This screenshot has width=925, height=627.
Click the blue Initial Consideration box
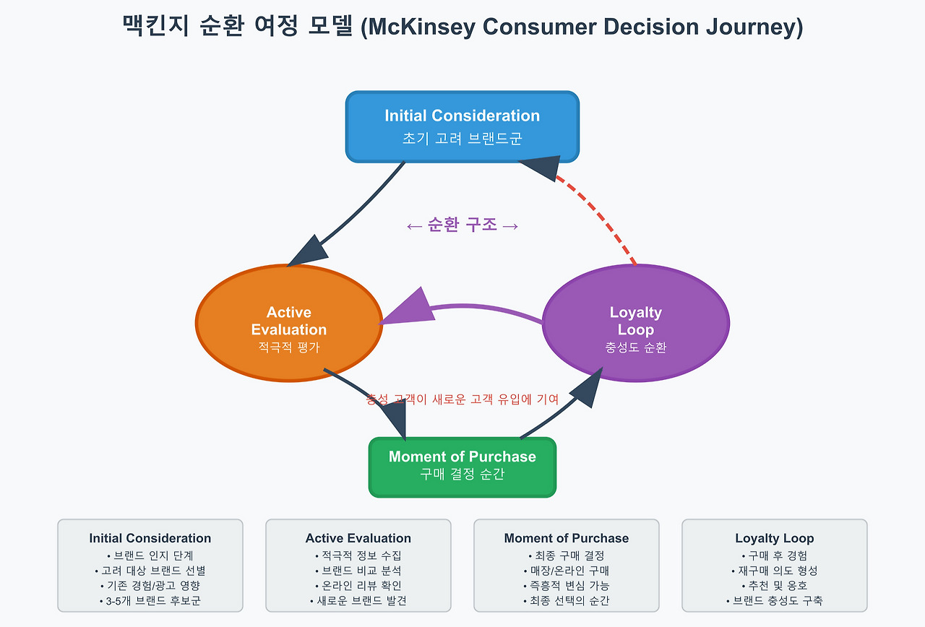coord(462,126)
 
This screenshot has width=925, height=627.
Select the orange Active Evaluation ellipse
coord(288,323)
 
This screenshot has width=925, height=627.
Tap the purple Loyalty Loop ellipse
coord(635,323)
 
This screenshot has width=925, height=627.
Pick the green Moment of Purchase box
coord(462,467)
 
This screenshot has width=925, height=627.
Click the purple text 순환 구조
coord(462,225)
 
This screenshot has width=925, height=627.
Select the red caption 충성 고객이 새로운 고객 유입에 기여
coord(462,399)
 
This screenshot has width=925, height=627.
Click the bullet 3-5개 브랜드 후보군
coord(150,600)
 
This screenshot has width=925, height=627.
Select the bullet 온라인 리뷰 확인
coord(358,585)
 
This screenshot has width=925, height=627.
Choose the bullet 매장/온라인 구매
coord(567,571)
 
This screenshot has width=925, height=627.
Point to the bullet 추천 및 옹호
coord(775,585)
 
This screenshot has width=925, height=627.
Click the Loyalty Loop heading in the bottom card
coord(775,538)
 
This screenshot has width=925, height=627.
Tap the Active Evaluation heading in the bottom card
coord(358,538)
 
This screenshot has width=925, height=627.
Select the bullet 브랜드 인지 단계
coord(150,555)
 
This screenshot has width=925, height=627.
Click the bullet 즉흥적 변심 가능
coord(567,585)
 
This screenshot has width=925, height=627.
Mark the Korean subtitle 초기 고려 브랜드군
coord(462,139)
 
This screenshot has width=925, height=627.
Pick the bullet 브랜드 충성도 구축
coord(775,600)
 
